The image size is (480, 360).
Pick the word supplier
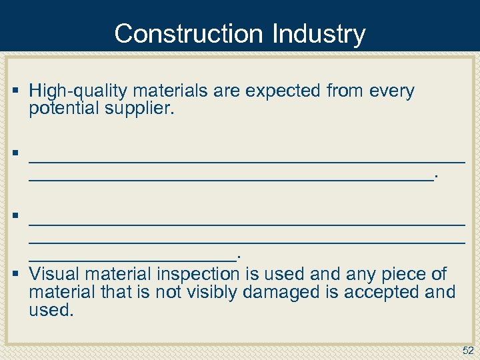pos(141,109)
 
